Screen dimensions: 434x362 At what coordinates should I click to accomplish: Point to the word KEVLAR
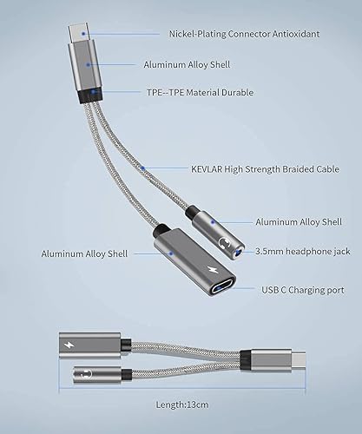coord(208,169)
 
